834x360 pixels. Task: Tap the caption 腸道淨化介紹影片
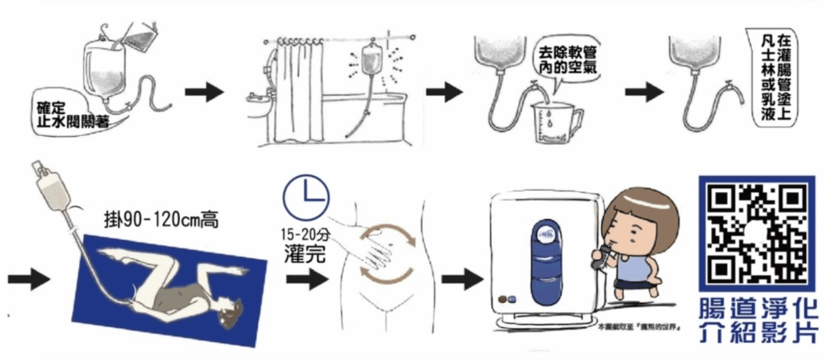[757, 321]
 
